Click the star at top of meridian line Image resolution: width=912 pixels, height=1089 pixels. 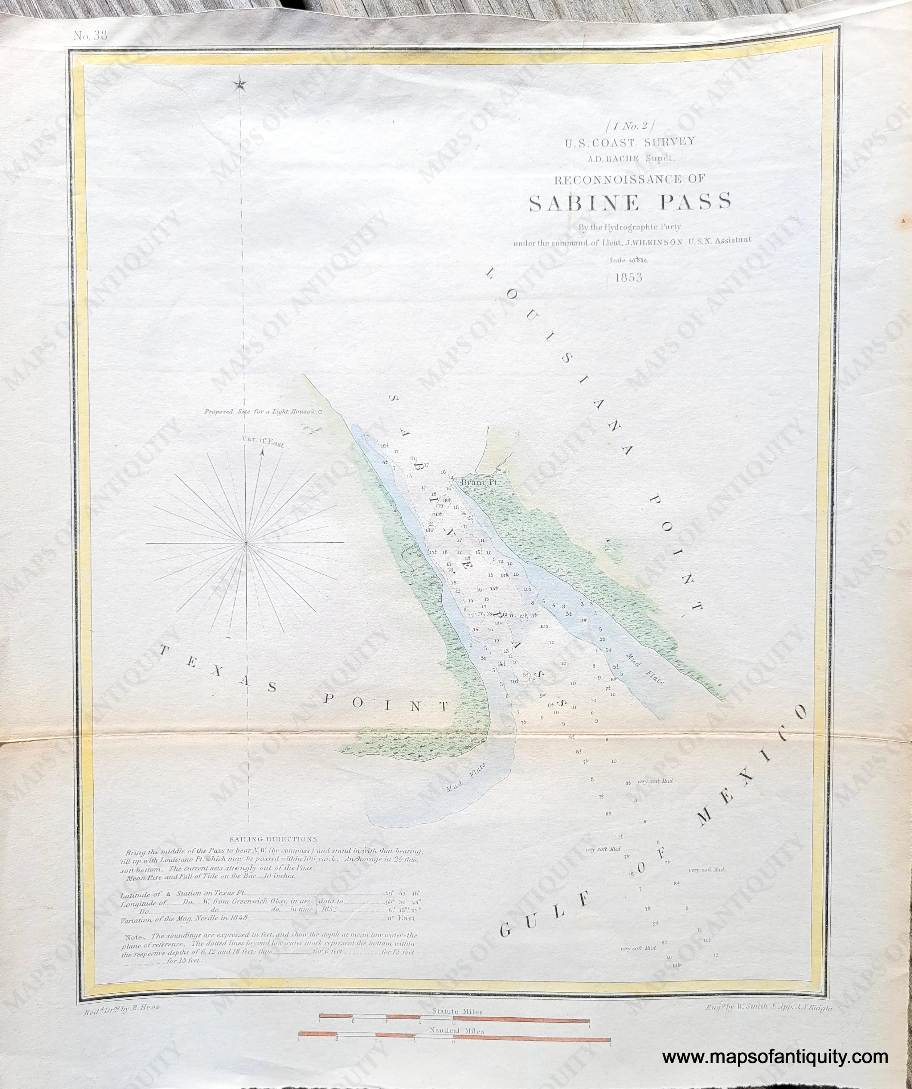tap(240, 83)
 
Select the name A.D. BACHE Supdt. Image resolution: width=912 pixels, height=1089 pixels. tap(629, 160)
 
